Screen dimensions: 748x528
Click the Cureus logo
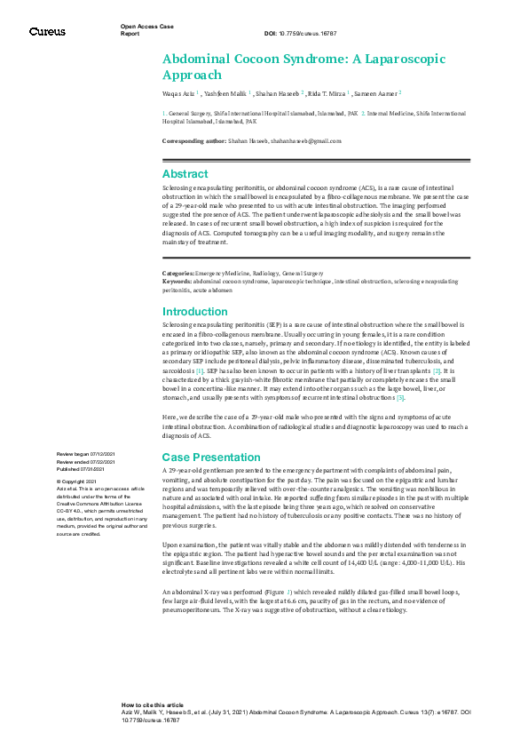[47, 32]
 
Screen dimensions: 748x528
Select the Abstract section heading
[185, 174]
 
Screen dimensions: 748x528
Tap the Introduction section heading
[195, 312]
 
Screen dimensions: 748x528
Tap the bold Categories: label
[178, 273]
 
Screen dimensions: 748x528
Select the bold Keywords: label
[177, 281]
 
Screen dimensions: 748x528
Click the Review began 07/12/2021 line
[87, 453]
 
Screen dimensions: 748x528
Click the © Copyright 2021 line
[77, 481]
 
